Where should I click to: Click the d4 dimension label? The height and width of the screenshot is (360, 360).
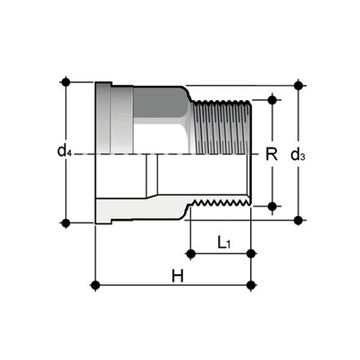coord(64,152)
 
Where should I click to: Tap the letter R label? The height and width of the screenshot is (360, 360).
coord(271,153)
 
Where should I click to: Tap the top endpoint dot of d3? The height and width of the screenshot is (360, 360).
coord(298,87)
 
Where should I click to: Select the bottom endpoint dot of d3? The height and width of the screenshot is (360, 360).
coord(298,218)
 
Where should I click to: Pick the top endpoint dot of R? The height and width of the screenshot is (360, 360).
coord(272,100)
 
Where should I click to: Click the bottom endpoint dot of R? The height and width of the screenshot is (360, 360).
coord(272,206)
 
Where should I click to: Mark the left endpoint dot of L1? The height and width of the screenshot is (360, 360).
coord(189,255)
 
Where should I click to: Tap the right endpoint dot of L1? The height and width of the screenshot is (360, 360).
coord(253,255)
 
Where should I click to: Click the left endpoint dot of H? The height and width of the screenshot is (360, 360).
coord(96,286)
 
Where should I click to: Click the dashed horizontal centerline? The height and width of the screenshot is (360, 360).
coord(170,154)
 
